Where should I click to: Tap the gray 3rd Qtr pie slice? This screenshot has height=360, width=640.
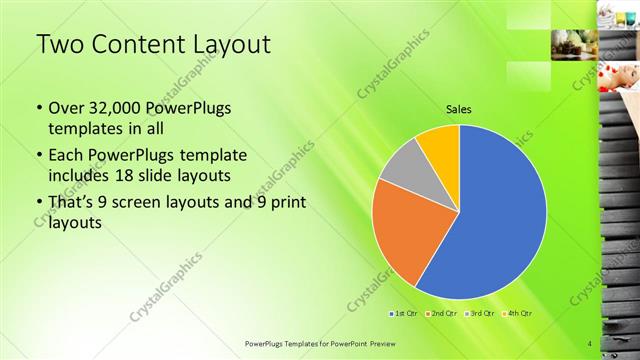coord(406,168)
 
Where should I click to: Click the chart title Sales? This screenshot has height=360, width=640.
coord(458,110)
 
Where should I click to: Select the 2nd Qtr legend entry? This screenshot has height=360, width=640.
coord(445,314)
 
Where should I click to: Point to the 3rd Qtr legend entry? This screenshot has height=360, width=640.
coord(483,314)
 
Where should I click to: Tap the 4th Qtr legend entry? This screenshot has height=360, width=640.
coord(520,314)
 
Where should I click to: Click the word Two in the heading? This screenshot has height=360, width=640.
coord(57,45)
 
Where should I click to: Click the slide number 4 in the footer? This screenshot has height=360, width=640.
coord(590,344)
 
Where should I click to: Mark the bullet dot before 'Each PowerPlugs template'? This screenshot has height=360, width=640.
coord(39,157)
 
